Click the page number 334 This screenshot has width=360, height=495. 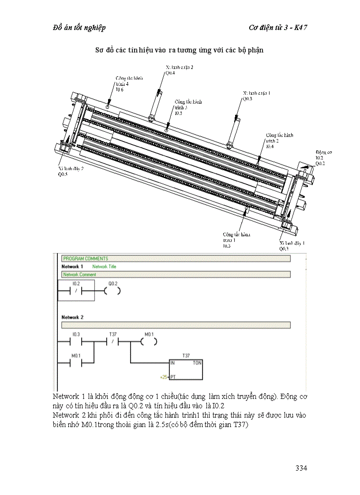(301, 468)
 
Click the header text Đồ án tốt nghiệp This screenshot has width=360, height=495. (79, 28)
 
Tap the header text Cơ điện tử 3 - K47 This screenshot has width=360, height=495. (278, 28)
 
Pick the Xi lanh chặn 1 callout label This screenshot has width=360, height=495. (257, 96)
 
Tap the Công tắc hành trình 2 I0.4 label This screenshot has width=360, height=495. (278, 140)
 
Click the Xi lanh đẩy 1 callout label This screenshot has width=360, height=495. (292, 246)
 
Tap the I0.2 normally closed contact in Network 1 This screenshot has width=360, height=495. (75, 291)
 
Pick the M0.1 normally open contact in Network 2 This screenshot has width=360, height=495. (75, 363)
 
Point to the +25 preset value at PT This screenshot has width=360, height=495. (164, 377)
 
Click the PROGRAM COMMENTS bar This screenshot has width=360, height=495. (176, 259)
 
